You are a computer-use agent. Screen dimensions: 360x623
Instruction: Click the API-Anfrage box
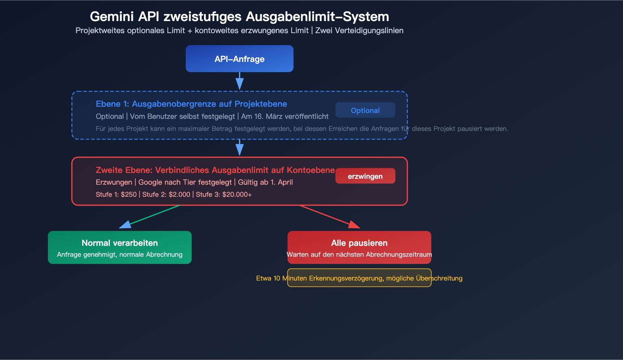(x=239, y=59)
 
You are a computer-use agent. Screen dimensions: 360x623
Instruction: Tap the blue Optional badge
(x=365, y=110)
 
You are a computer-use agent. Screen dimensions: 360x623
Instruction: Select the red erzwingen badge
(x=365, y=176)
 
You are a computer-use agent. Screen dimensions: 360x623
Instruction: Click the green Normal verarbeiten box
(x=120, y=247)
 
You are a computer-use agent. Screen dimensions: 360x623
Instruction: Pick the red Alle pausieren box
(x=359, y=247)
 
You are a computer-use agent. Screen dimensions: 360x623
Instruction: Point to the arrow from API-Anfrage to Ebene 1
(x=239, y=81)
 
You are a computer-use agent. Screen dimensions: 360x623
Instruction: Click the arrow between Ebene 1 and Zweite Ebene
(x=239, y=148)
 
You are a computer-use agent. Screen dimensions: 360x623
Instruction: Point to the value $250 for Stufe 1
(x=129, y=194)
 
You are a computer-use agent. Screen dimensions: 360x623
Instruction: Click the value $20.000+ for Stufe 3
(x=237, y=194)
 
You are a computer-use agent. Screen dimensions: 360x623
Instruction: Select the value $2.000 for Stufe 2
(x=180, y=194)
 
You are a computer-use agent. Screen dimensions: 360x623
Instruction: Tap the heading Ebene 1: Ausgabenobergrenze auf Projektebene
(x=191, y=104)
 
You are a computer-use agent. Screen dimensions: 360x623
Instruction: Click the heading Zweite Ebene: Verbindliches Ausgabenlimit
(x=215, y=170)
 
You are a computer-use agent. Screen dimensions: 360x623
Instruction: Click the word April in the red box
(x=285, y=182)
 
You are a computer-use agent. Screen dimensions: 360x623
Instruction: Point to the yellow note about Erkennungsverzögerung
(x=359, y=278)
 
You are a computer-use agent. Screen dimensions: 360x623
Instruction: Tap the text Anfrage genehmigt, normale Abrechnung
(x=120, y=255)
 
